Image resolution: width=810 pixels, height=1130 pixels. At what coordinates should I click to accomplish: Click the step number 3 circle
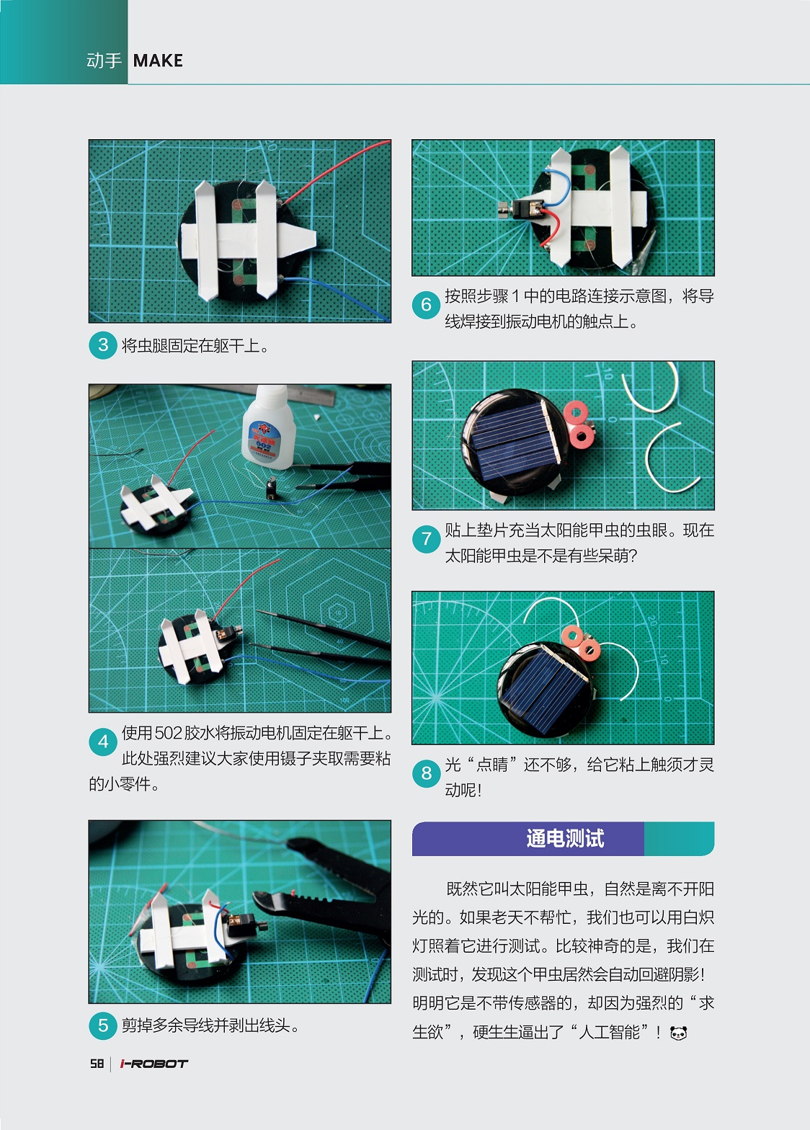[103, 345]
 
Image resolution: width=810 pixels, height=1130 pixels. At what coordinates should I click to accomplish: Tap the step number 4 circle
[103, 742]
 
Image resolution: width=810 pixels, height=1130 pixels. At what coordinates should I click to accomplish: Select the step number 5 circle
[103, 1026]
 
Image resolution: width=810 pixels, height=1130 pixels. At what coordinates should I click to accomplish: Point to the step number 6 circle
[426, 305]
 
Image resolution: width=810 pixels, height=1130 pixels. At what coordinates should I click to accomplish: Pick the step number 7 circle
[426, 538]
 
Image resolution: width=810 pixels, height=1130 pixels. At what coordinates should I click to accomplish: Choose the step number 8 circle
[426, 773]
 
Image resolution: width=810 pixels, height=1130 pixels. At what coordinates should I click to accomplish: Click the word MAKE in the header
[158, 61]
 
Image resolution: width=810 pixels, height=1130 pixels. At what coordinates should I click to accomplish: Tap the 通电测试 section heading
[564, 838]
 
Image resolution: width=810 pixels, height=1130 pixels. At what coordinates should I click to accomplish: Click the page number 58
[97, 1064]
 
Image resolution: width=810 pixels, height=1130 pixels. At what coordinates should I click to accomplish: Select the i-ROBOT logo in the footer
[153, 1064]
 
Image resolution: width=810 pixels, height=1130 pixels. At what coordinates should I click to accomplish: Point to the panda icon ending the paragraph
[678, 1033]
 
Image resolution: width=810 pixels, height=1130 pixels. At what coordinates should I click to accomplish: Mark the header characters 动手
[104, 61]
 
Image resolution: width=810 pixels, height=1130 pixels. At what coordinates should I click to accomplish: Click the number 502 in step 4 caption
[168, 734]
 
